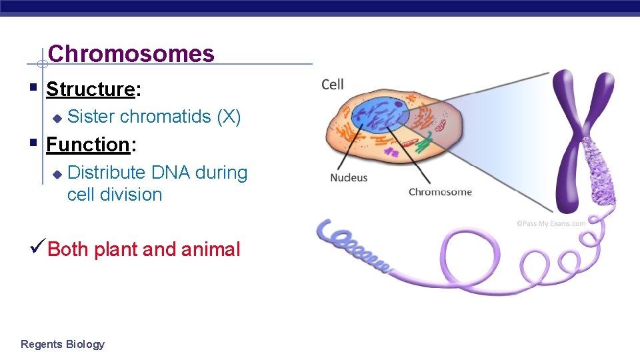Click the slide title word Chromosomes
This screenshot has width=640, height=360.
click(131, 53)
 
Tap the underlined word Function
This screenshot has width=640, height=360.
click(87, 144)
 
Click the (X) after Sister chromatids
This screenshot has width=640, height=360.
click(229, 117)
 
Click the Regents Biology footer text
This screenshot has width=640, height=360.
click(63, 344)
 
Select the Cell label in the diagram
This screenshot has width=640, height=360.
click(333, 84)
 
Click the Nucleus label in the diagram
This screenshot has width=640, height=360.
click(349, 178)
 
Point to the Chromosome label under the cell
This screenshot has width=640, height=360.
click(440, 193)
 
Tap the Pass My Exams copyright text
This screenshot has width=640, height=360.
click(551, 223)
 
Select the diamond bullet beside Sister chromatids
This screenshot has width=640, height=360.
click(57, 118)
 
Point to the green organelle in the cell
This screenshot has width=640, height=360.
click(424, 142)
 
